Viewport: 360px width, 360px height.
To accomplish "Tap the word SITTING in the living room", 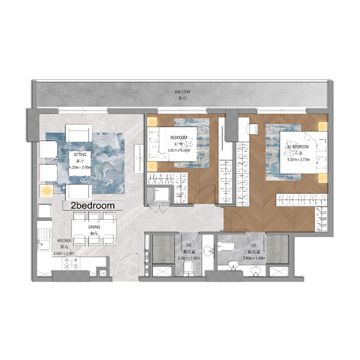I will pos(74,154).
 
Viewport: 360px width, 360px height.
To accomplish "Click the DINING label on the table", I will pos(94,227).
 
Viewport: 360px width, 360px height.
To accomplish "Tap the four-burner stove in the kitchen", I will pos(70,266).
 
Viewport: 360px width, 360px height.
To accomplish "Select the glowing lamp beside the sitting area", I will pos(46,191).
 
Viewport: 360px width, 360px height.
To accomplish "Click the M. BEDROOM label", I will pos(298,147).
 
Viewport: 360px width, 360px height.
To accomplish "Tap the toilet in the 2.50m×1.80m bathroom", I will pos(189,269).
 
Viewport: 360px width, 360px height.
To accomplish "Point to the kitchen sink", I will pos(44,246).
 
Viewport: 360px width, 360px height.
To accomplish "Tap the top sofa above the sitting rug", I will pos(79,132).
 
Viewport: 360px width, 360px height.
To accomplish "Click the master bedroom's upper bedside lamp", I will pos(322,126).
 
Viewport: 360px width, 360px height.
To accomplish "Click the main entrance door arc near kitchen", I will pos(121,270).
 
